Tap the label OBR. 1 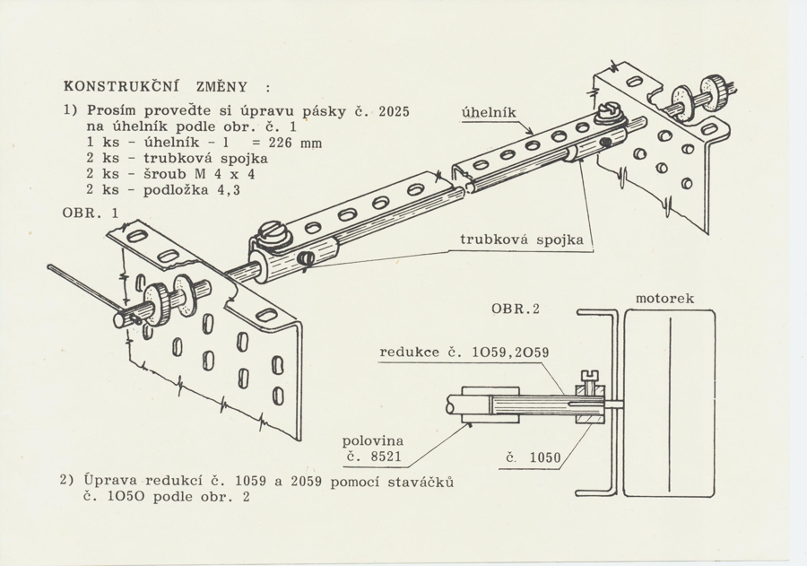click(x=89, y=213)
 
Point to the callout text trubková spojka click(x=521, y=239)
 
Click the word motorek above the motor click(x=664, y=297)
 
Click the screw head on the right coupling click(x=606, y=114)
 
